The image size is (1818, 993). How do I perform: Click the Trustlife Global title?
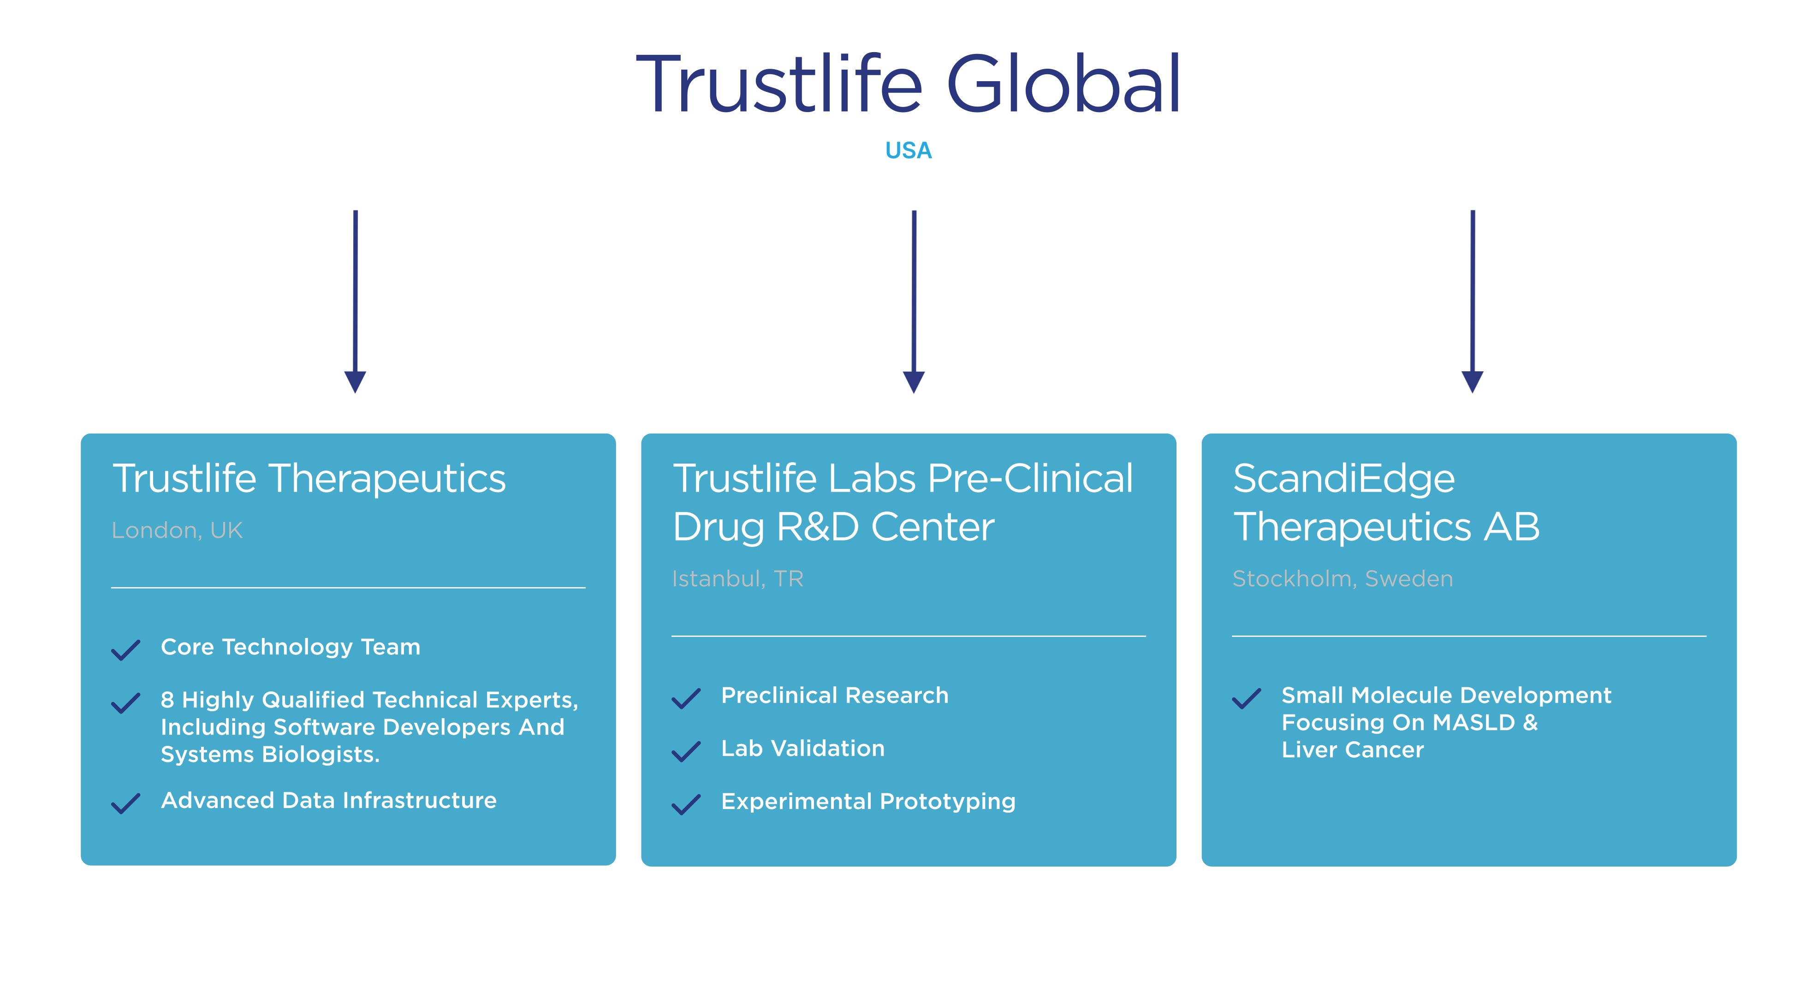click(908, 85)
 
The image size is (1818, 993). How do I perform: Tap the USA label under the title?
click(908, 150)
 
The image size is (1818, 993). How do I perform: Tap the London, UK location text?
click(177, 530)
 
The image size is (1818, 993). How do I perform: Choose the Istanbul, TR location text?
click(737, 579)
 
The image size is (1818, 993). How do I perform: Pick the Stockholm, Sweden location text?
click(1343, 579)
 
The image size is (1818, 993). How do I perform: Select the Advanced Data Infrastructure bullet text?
click(329, 800)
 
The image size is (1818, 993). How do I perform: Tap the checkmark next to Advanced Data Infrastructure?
click(125, 803)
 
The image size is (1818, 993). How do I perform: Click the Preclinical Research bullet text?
click(835, 695)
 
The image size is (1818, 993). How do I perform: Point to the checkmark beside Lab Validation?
click(686, 751)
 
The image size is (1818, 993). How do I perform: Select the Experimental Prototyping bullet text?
click(868, 802)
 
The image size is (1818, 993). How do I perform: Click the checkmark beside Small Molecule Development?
click(1246, 698)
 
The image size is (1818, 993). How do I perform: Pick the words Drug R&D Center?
click(833, 527)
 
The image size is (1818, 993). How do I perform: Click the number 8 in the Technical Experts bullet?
click(167, 700)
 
